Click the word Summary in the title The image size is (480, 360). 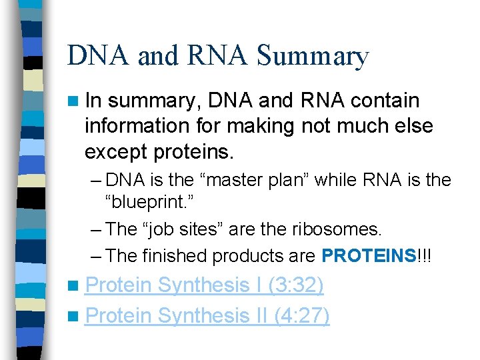click(312, 57)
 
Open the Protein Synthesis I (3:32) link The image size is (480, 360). click(205, 285)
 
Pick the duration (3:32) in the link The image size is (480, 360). click(295, 285)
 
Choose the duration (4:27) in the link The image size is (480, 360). click(301, 315)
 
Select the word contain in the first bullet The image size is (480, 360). click(385, 101)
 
